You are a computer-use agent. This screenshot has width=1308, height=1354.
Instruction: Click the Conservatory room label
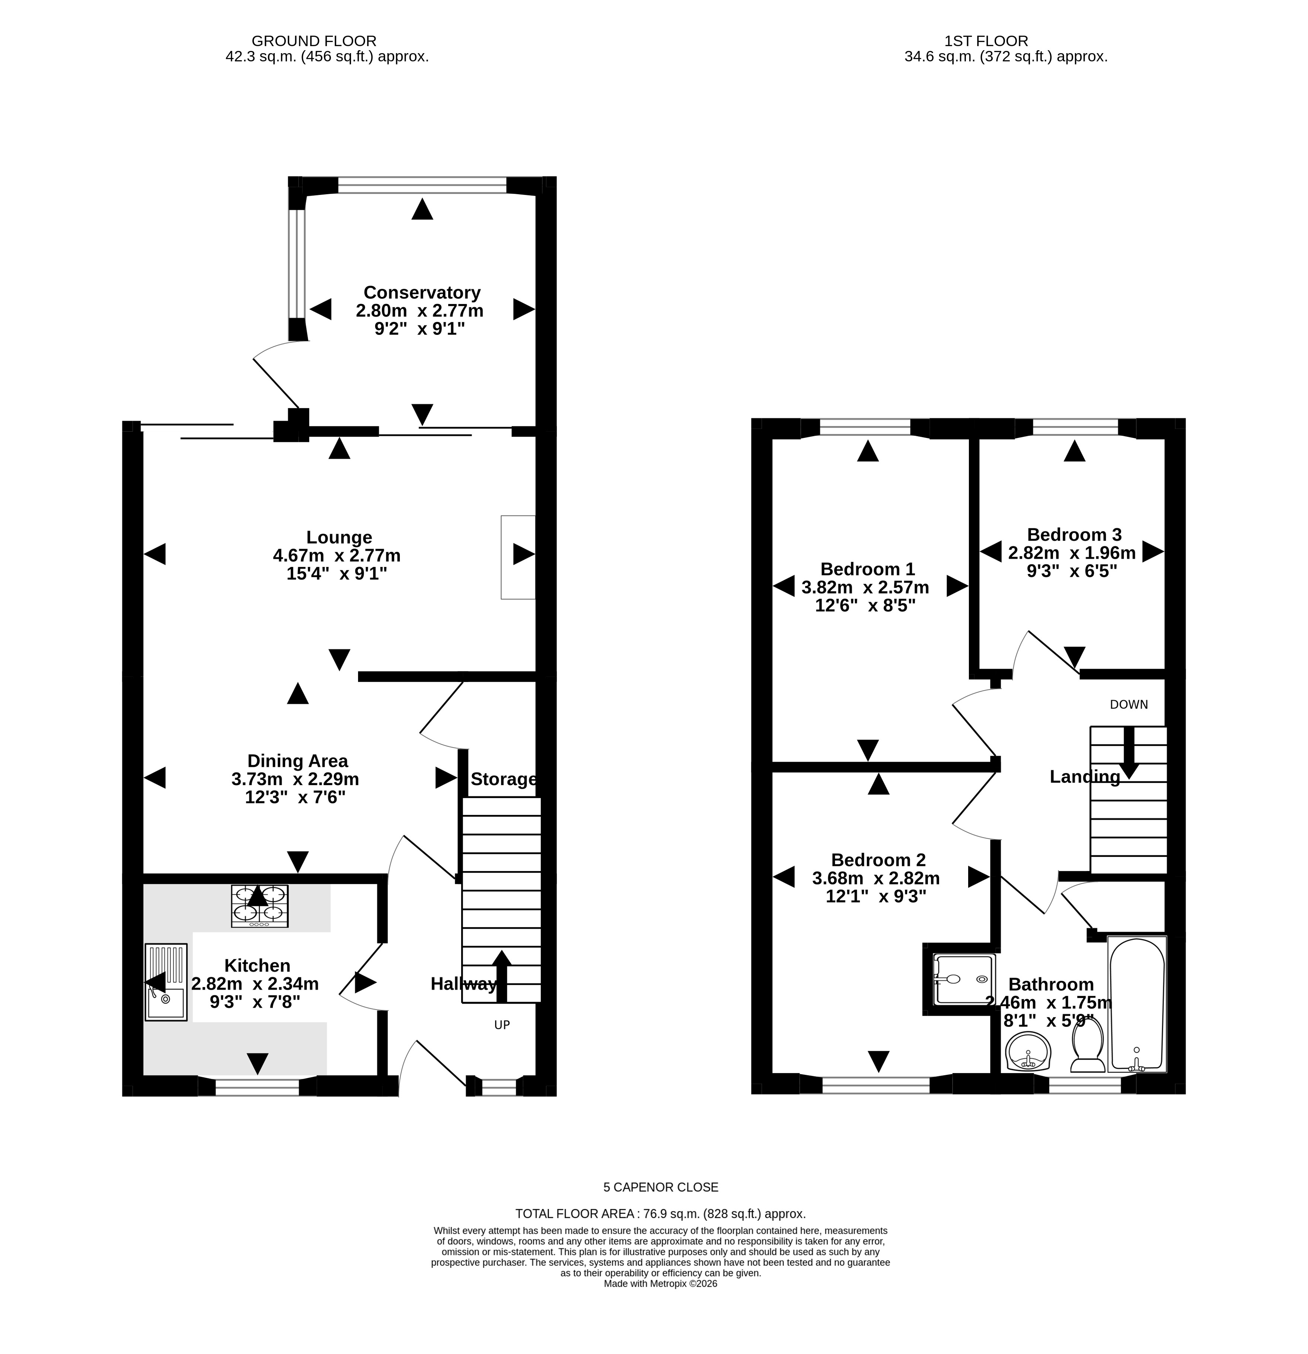click(421, 292)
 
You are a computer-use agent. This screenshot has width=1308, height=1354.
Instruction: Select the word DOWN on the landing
click(1128, 705)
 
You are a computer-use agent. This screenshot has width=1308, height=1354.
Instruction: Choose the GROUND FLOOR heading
click(314, 41)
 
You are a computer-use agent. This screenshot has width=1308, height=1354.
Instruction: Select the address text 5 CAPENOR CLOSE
click(661, 1188)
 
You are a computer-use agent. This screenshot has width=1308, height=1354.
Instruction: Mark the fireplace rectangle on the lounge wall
click(517, 557)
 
